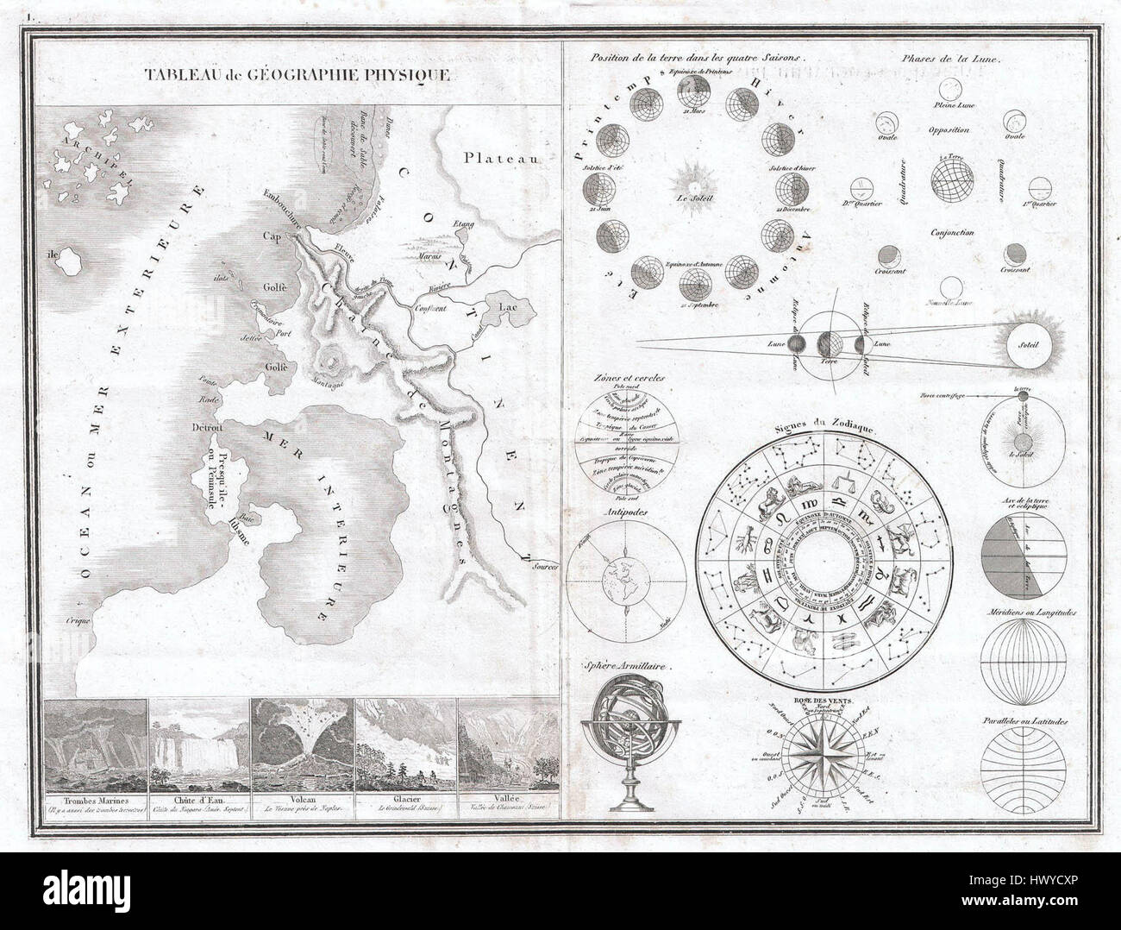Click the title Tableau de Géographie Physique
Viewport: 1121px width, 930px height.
click(x=297, y=74)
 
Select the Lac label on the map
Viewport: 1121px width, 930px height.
click(x=505, y=305)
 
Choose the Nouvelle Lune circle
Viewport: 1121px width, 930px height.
click(x=950, y=287)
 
